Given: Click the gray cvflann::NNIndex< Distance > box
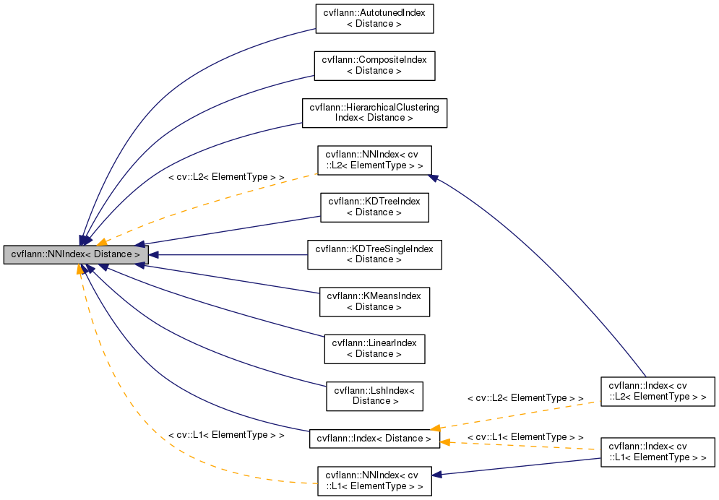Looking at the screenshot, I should coord(76,255).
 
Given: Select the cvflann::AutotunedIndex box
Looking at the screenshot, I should coord(374,19).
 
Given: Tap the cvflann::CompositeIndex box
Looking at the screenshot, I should coord(374,66).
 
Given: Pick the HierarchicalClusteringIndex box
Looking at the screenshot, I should coord(374,113).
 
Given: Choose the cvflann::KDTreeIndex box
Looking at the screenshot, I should coord(374,207).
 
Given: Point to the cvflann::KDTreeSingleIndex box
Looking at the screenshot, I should coord(374,254).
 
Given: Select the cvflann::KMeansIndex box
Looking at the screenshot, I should coord(374,301).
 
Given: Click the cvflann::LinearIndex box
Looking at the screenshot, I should coord(374,348).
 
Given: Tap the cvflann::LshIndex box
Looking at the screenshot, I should coord(374,395).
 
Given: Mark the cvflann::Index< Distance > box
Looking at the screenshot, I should coord(374,439).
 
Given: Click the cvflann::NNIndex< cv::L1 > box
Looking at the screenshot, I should coord(374,480).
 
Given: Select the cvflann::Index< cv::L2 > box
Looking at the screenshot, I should coord(658,391).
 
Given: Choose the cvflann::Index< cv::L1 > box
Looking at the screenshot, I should coord(658,452).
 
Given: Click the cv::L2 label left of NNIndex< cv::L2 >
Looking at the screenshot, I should coord(225,177).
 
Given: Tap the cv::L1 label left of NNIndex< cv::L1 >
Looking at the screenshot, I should coord(225,436).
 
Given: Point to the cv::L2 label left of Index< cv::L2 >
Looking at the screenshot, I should coord(525,398).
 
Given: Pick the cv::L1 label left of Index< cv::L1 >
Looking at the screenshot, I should coord(525,437).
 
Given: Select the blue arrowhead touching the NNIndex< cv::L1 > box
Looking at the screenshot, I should coord(437,475).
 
